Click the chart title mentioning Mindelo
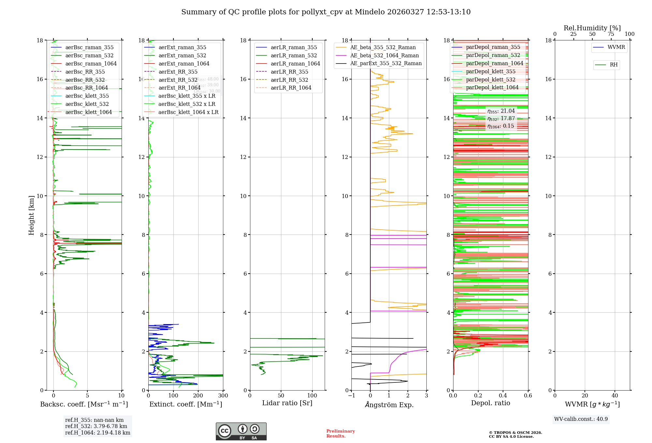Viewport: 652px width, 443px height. pyautogui.click(x=326, y=12)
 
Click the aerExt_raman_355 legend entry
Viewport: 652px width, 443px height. pyautogui.click(x=182, y=48)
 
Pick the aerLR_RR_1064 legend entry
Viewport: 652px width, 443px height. pyautogui.click(x=291, y=88)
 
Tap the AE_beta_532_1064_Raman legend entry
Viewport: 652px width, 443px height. pyautogui.click(x=384, y=56)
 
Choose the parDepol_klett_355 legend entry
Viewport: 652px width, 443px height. pyautogui.click(x=491, y=72)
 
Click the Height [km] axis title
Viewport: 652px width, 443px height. pyautogui.click(x=31, y=215)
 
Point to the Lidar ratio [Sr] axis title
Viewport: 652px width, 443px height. pyautogui.click(x=287, y=403)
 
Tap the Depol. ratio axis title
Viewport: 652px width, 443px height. pyautogui.click(x=490, y=403)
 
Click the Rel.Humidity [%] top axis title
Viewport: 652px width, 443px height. pyautogui.click(x=592, y=28)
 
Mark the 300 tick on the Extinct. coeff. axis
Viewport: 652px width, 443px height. pyautogui.click(x=223, y=396)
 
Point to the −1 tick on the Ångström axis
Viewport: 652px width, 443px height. pyautogui.click(x=351, y=396)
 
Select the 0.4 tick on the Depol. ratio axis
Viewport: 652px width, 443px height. pyautogui.click(x=503, y=396)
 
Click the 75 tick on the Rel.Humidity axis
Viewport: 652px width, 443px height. pyautogui.click(x=611, y=34)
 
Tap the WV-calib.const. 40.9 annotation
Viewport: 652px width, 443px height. pyautogui.click(x=581, y=419)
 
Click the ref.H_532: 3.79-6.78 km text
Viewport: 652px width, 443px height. pyautogui.click(x=96, y=426)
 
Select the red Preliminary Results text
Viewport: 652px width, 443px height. pyautogui.click(x=340, y=434)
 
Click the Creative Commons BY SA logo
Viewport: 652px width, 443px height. pyautogui.click(x=241, y=432)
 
